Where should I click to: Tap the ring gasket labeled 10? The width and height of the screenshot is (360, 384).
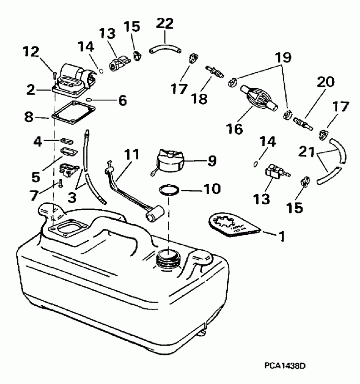pyautogui.click(x=169, y=189)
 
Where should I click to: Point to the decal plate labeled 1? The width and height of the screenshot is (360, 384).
pyautogui.click(x=234, y=225)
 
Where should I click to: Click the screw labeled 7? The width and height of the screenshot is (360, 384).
pyautogui.click(x=59, y=184)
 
